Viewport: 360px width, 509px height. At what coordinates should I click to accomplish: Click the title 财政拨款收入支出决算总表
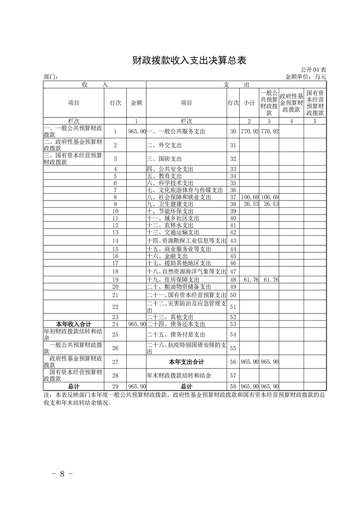[189, 60]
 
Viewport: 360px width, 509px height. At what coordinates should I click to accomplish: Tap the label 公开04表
[313, 70]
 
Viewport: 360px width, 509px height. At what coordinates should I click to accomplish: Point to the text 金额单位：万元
[305, 77]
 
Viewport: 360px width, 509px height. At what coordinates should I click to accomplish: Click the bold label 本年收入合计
[74, 324]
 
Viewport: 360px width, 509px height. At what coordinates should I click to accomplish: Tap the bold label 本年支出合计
[186, 362]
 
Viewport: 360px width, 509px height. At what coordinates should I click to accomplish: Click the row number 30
[233, 132]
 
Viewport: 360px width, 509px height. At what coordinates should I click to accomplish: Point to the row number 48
[233, 279]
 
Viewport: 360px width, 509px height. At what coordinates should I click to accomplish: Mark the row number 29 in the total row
[115, 386]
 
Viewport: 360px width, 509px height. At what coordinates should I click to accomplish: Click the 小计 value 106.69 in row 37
[249, 197]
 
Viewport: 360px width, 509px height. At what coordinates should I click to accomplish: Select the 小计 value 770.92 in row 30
[249, 132]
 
